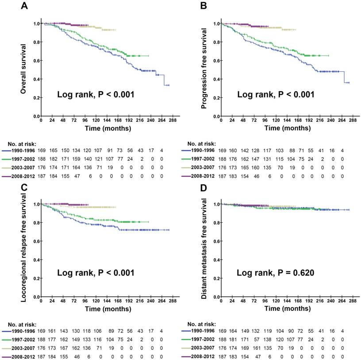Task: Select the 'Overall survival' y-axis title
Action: pyautogui.click(x=25, y=69)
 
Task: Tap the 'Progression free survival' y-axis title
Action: pyautogui.click(x=204, y=69)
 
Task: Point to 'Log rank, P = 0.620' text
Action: pyautogui.click(x=276, y=273)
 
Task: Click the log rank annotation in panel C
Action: pyautogui.click(x=96, y=273)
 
